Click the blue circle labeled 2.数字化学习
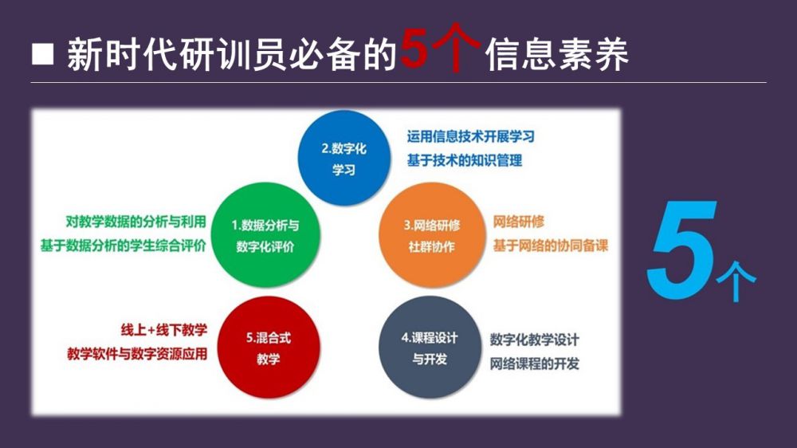click(x=344, y=158)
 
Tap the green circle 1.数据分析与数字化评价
click(x=265, y=235)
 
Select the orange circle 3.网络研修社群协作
click(x=431, y=235)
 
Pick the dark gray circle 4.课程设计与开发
click(x=430, y=348)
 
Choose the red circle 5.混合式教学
click(x=269, y=348)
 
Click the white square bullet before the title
click(x=43, y=54)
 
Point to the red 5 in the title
click(x=414, y=49)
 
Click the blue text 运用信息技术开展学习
click(x=471, y=136)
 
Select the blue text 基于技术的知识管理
click(x=465, y=161)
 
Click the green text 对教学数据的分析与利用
click(x=135, y=222)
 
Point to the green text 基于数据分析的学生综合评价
click(x=123, y=246)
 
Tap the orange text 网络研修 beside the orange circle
click(x=519, y=222)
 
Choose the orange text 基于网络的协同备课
click(x=551, y=246)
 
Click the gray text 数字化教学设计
click(x=535, y=340)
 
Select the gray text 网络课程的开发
click(x=535, y=364)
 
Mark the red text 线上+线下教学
click(x=164, y=330)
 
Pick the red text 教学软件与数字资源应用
click(x=137, y=354)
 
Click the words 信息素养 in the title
click(x=557, y=54)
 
